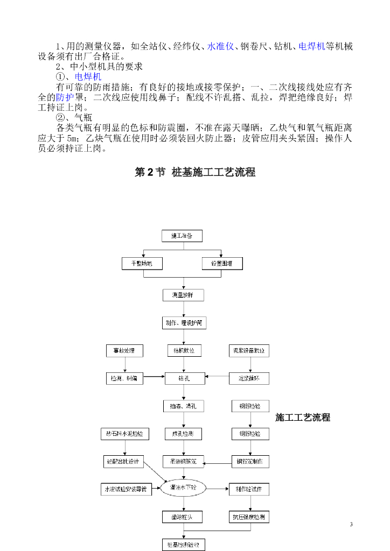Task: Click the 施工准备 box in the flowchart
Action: tap(183, 236)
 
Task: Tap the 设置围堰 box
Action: tap(222, 264)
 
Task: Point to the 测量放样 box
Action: tap(183, 295)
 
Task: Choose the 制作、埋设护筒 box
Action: tap(184, 323)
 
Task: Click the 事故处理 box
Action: tap(124, 351)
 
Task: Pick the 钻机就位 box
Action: tap(184, 351)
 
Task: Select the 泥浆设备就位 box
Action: tap(249, 351)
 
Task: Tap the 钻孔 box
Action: tap(184, 379)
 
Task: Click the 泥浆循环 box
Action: tap(249, 379)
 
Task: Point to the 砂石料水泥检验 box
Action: tap(125, 434)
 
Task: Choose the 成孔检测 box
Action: tap(184, 434)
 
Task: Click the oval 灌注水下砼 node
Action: tap(183, 488)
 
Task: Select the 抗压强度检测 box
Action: tap(249, 518)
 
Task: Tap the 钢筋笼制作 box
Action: tap(249, 462)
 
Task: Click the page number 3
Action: tap(351, 525)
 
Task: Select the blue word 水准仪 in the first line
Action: tap(220, 46)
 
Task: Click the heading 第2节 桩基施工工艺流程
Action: tap(194, 172)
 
